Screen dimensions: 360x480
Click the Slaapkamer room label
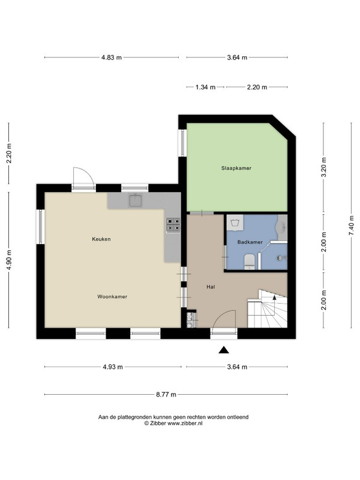[236, 168]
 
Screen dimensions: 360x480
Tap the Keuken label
[101, 239]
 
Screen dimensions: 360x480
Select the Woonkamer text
[112, 296]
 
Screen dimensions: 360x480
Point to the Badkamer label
[250, 242]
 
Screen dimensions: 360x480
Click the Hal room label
[211, 287]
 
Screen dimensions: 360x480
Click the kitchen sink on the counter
[135, 200]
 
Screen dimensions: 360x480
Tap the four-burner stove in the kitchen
[173, 225]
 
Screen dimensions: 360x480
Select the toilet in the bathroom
[250, 262]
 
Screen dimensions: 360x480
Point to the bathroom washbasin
[281, 227]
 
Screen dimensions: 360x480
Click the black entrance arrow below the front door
[224, 350]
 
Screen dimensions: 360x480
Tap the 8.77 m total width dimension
[166, 395]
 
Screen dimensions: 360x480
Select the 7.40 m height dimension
[351, 226]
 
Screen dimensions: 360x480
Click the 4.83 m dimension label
[112, 57]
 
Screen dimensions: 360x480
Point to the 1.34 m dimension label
[205, 87]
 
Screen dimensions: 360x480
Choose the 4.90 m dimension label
[9, 260]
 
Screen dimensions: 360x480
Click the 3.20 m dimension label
[324, 167]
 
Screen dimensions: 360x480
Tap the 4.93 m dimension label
[113, 367]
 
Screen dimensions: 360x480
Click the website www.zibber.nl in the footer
[185, 424]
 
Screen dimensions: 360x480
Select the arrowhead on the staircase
[275, 296]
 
